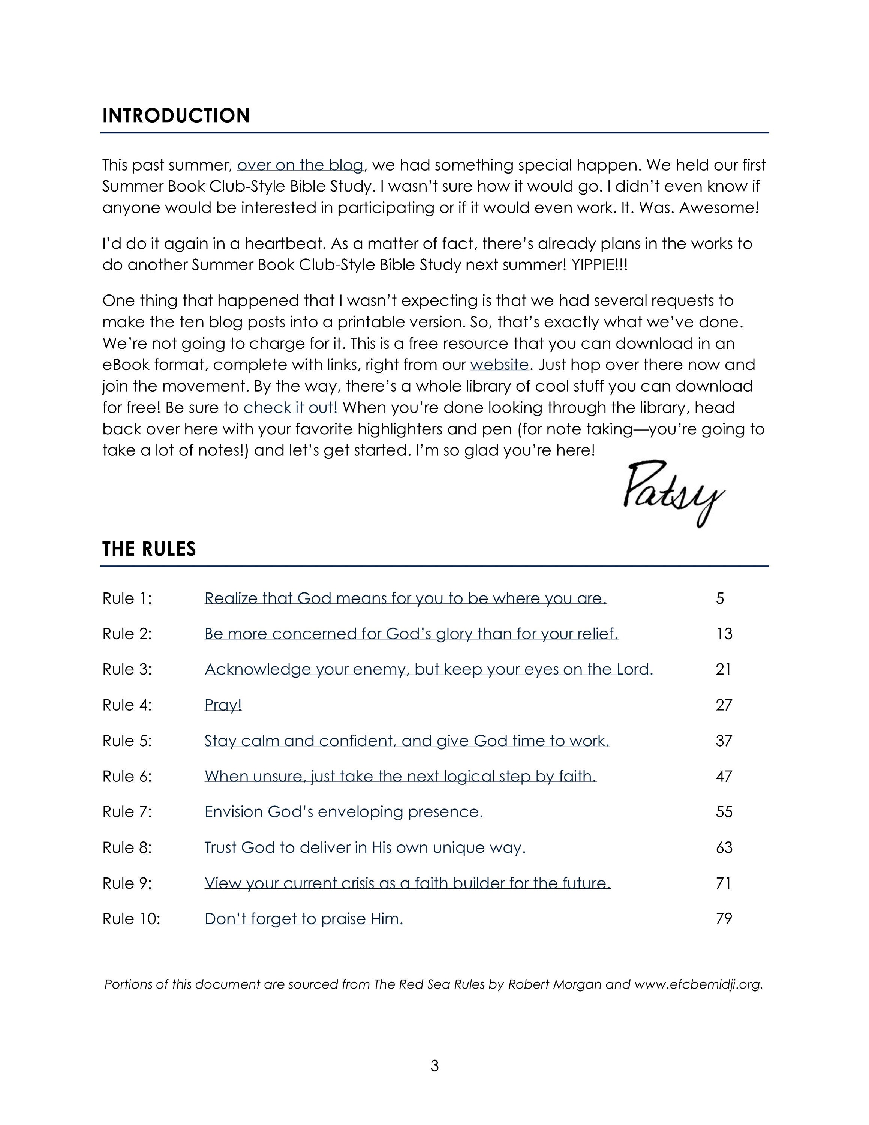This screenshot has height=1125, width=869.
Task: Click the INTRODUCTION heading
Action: [176, 115]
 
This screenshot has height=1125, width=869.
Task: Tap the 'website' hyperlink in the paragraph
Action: [499, 365]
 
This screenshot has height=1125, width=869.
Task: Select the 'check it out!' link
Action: [290, 408]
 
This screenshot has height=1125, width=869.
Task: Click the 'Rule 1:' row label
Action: [127, 598]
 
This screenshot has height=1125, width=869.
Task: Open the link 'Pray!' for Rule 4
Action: [223, 705]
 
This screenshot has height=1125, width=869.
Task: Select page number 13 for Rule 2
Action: [724, 634]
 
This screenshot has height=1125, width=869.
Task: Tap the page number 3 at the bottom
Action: [434, 1066]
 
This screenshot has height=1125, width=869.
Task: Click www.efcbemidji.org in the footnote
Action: [698, 984]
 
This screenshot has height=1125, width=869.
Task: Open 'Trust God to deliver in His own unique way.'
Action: [365, 847]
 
